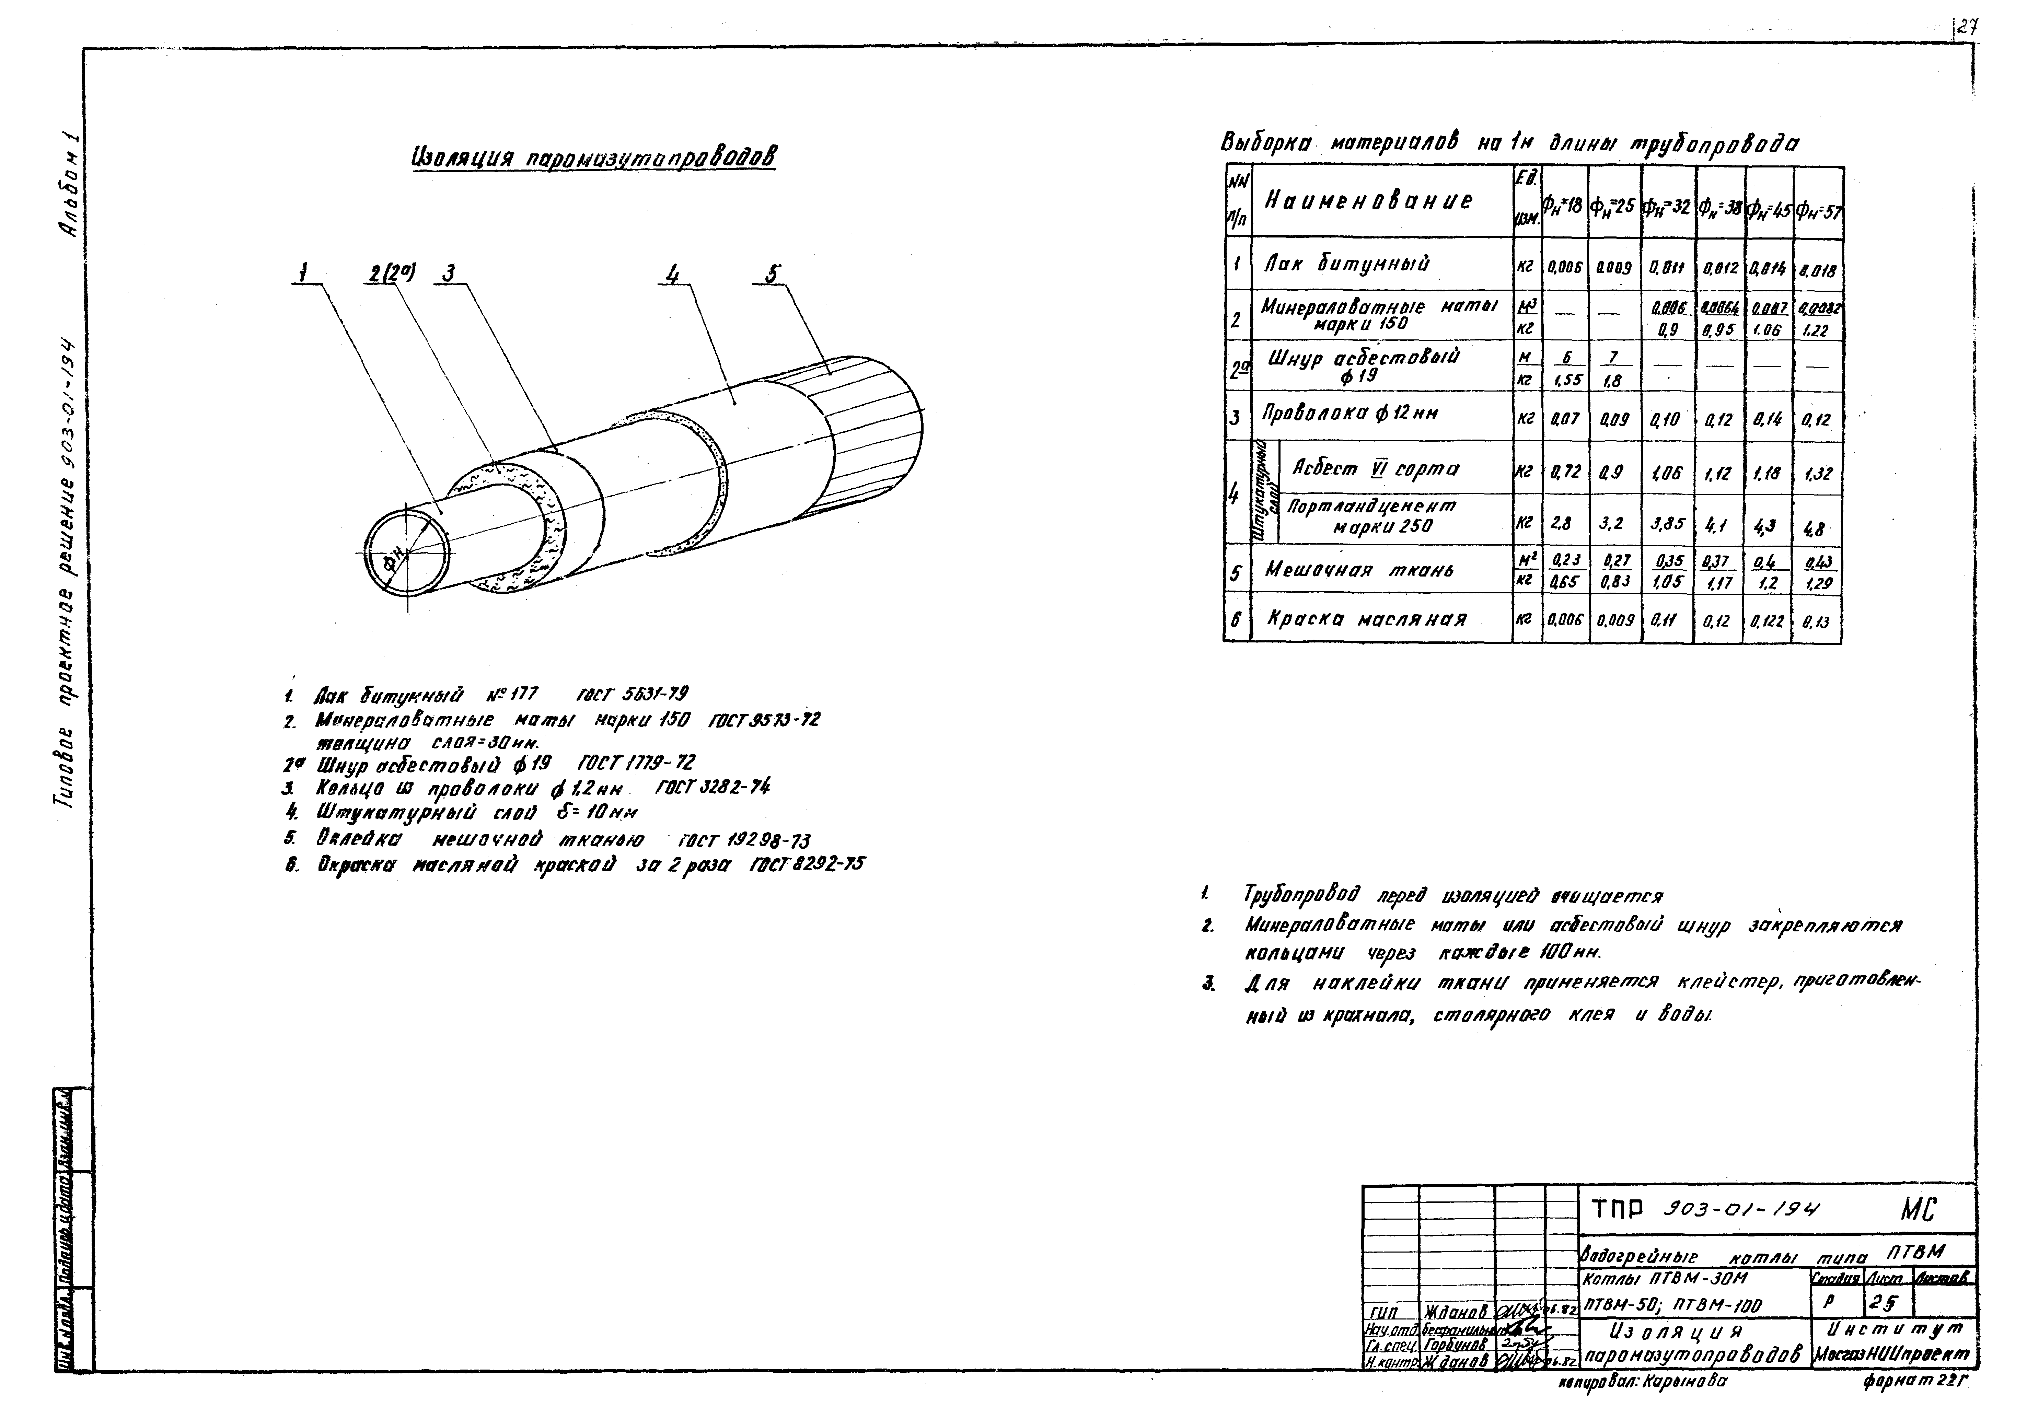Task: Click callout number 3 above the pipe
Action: (x=449, y=275)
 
